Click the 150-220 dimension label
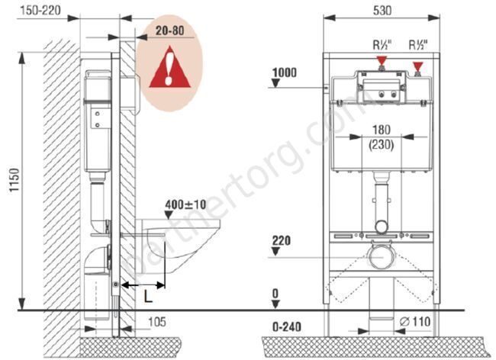40,11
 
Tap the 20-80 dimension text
169,31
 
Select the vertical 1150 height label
14,180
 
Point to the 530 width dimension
382,11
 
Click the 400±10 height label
185,204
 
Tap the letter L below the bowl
148,297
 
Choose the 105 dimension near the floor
157,322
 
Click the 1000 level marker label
285,72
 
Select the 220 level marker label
282,241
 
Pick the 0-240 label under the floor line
287,326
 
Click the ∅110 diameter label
415,322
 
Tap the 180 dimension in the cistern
382,130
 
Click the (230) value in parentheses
382,145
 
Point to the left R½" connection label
382,45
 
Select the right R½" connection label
418,45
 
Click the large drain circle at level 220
382,258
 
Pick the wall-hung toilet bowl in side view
178,246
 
